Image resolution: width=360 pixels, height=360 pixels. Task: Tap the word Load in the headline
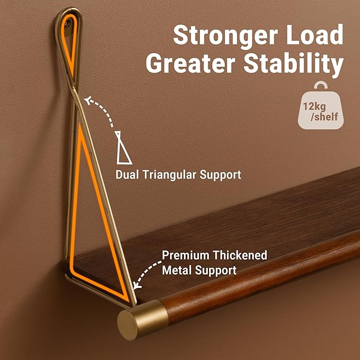(314, 34)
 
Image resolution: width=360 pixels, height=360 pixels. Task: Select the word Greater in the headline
(190, 63)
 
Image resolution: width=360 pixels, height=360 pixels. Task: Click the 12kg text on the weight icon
(314, 107)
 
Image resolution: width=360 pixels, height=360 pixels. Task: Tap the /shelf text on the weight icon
(324, 117)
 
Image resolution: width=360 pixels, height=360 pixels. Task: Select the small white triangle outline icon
(123, 147)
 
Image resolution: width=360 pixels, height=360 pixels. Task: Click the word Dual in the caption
(127, 174)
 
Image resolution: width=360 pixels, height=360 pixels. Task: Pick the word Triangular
(170, 175)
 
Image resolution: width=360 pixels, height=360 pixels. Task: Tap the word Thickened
(240, 255)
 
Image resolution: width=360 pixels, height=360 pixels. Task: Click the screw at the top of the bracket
(68, 23)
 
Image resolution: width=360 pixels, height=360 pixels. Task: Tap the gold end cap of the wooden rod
(142, 320)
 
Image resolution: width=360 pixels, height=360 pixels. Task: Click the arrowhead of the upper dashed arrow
(87, 100)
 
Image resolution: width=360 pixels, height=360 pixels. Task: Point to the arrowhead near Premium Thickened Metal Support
(137, 286)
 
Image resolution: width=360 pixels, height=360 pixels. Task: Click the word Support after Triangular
(221, 175)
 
